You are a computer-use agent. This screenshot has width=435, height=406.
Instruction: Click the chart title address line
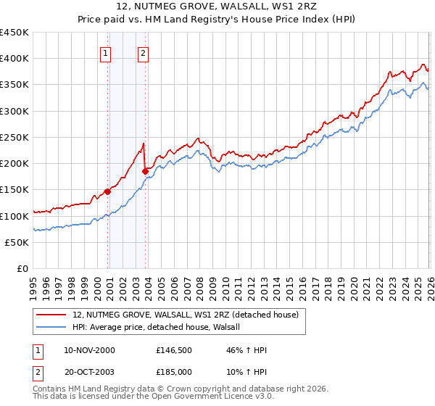click(217, 7)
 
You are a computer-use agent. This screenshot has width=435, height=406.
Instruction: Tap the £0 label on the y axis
click(23, 269)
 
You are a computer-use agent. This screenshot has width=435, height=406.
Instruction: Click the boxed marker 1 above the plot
click(106, 53)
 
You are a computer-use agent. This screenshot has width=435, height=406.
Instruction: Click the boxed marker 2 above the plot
click(144, 53)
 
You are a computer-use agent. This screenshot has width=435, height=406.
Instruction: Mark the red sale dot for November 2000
click(107, 191)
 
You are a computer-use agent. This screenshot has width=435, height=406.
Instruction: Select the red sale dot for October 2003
click(145, 172)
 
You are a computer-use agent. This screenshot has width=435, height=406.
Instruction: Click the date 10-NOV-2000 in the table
click(89, 350)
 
